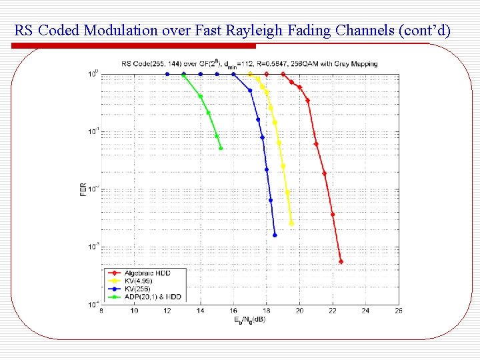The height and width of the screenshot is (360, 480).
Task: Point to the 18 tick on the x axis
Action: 266,311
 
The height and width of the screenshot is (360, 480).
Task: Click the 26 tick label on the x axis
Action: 398,311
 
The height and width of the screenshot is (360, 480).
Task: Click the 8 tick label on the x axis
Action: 101,311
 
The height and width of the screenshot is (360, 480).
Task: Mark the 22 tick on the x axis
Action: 332,311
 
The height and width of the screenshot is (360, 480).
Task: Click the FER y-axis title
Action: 83,189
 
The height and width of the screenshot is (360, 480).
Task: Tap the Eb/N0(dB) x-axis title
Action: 250,319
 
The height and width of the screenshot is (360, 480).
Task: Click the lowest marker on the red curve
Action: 341,261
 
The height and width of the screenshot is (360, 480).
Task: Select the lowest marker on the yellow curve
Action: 291,223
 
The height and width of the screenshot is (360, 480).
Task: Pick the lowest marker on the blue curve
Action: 275,235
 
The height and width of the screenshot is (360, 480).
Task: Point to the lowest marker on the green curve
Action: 221,148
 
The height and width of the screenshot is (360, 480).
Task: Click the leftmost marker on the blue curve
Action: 167,74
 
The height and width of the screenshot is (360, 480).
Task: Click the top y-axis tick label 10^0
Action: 94,73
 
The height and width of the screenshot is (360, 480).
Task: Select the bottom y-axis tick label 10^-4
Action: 94,304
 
